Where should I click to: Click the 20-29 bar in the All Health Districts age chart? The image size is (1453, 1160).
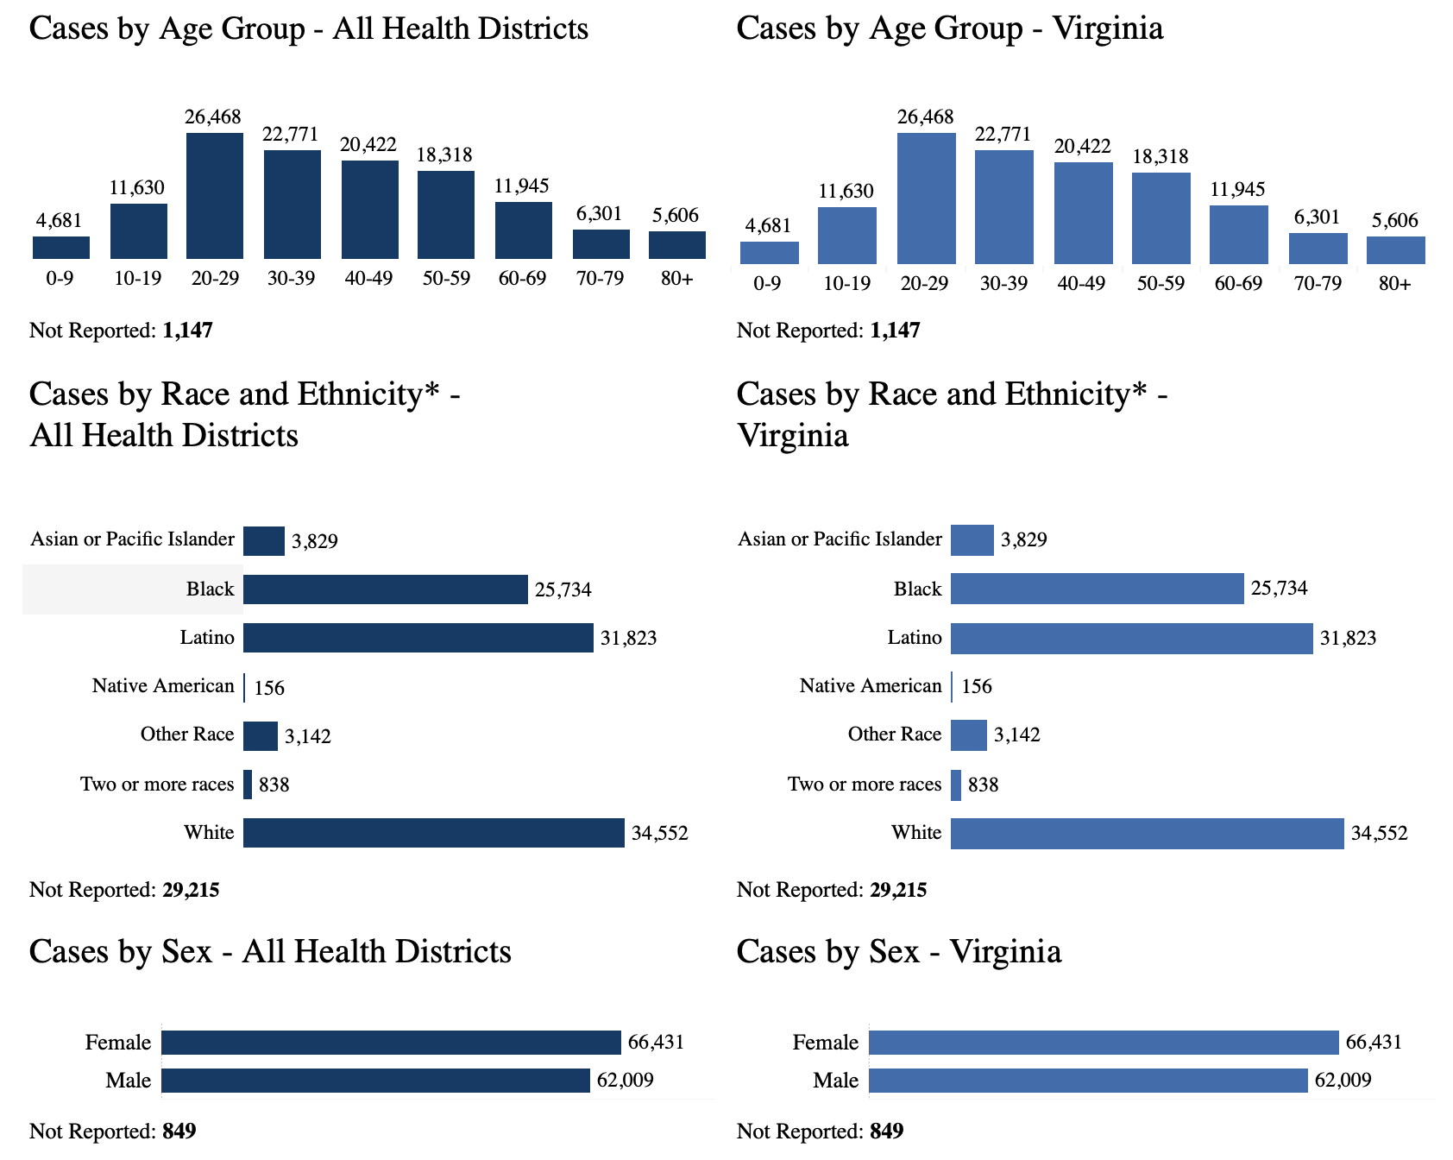pyautogui.click(x=215, y=196)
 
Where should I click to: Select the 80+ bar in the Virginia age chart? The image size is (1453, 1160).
pyautogui.click(x=1395, y=250)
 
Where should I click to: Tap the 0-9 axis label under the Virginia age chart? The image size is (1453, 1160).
pyautogui.click(x=767, y=283)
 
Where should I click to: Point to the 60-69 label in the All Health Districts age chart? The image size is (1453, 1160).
pyautogui.click(x=522, y=279)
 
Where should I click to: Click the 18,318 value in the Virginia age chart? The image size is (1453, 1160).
pyautogui.click(x=1161, y=156)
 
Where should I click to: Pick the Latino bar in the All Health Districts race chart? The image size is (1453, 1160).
pyautogui.click(x=418, y=638)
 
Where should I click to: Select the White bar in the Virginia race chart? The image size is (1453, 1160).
pyautogui.click(x=1147, y=833)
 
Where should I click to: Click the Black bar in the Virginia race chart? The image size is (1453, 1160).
pyautogui.click(x=1097, y=589)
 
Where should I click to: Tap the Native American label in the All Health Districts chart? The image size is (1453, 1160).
pyautogui.click(x=163, y=686)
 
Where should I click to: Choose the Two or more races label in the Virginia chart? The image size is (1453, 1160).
pyautogui.click(x=864, y=785)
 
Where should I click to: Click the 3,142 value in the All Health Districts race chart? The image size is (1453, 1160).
pyautogui.click(x=308, y=737)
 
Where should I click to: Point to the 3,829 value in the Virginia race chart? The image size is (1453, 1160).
pyautogui.click(x=1023, y=540)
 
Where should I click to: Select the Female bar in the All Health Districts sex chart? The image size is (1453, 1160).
pyautogui.click(x=391, y=1043)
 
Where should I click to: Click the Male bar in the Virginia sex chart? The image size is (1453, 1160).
pyautogui.click(x=1088, y=1081)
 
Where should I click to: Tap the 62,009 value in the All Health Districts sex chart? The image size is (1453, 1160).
pyautogui.click(x=625, y=1081)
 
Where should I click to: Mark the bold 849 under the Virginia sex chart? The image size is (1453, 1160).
pyautogui.click(x=886, y=1131)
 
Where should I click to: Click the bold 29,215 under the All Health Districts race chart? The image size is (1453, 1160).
pyautogui.click(x=191, y=890)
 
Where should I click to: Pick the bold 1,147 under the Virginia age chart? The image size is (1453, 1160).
pyautogui.click(x=895, y=331)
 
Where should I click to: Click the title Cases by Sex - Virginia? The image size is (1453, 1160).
pyautogui.click(x=898, y=951)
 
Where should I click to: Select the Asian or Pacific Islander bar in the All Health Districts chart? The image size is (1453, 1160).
pyautogui.click(x=263, y=541)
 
